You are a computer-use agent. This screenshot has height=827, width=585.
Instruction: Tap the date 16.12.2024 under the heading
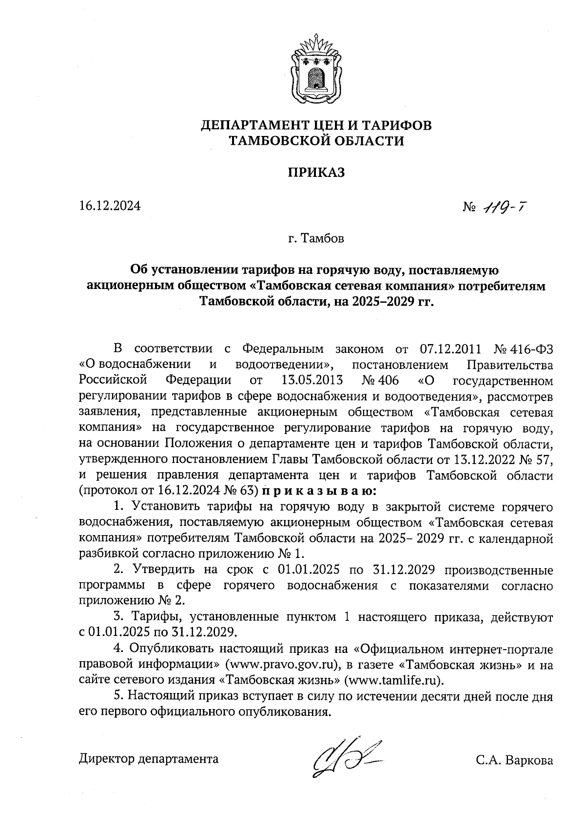pyautogui.click(x=110, y=206)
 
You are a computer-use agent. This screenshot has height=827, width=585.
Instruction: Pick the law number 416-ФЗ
pyautogui.click(x=533, y=349)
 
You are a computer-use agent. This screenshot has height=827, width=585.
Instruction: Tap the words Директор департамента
pyautogui.click(x=149, y=759)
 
